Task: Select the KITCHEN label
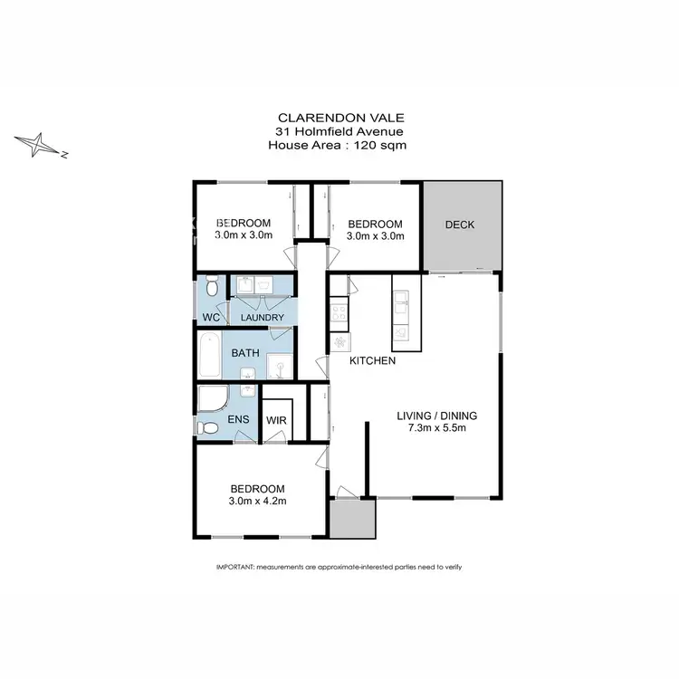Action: (x=373, y=361)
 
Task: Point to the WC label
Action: (x=210, y=318)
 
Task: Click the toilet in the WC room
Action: (x=210, y=288)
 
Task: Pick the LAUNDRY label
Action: (x=263, y=318)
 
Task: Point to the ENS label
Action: (x=239, y=419)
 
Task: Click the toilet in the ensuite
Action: (x=209, y=427)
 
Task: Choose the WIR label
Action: (x=276, y=421)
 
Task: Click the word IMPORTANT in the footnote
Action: (x=235, y=567)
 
